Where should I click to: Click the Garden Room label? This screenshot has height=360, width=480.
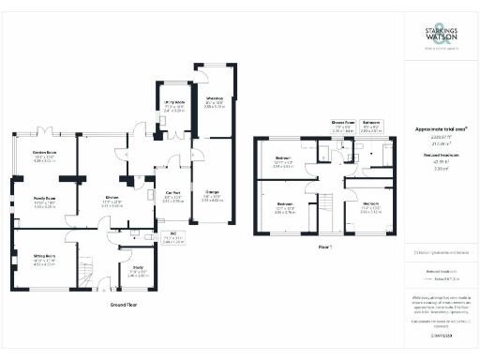[x=45, y=152]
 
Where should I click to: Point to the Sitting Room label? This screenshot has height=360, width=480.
[x=45, y=255]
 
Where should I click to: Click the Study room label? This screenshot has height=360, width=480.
[x=138, y=267]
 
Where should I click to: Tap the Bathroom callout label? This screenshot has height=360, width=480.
[x=370, y=122]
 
